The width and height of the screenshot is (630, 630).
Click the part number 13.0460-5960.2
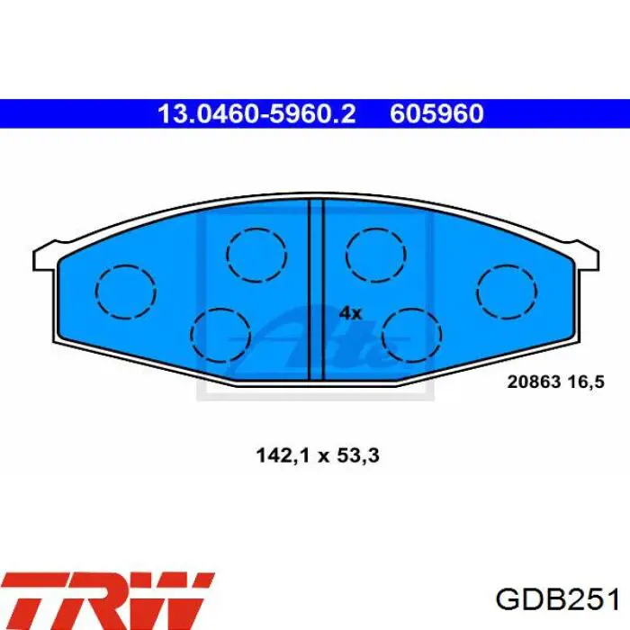(256, 113)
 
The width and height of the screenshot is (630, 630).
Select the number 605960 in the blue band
(436, 113)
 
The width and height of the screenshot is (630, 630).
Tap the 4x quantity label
(350, 313)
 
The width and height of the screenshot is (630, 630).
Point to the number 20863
(534, 382)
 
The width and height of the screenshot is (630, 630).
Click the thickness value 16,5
(586, 382)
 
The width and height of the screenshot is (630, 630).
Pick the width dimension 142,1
(283, 456)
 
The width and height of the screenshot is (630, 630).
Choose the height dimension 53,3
(356, 456)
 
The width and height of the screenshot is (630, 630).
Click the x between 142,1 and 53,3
(323, 457)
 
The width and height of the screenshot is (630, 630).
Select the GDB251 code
(557, 600)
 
